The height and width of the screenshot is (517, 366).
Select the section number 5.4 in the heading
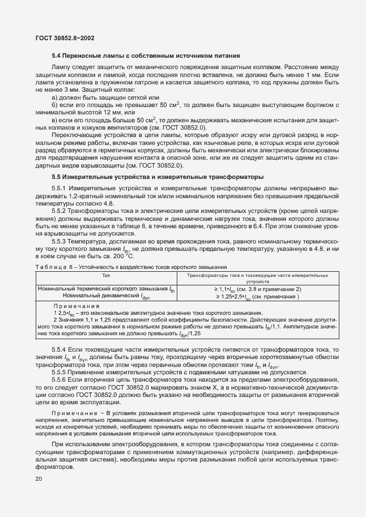[57, 55]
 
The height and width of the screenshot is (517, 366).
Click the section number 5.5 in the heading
[57, 177]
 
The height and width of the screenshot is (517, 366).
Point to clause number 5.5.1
[61, 188]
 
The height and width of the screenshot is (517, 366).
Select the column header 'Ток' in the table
[106, 275]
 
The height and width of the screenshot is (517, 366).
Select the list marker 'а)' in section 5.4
[55, 97]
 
